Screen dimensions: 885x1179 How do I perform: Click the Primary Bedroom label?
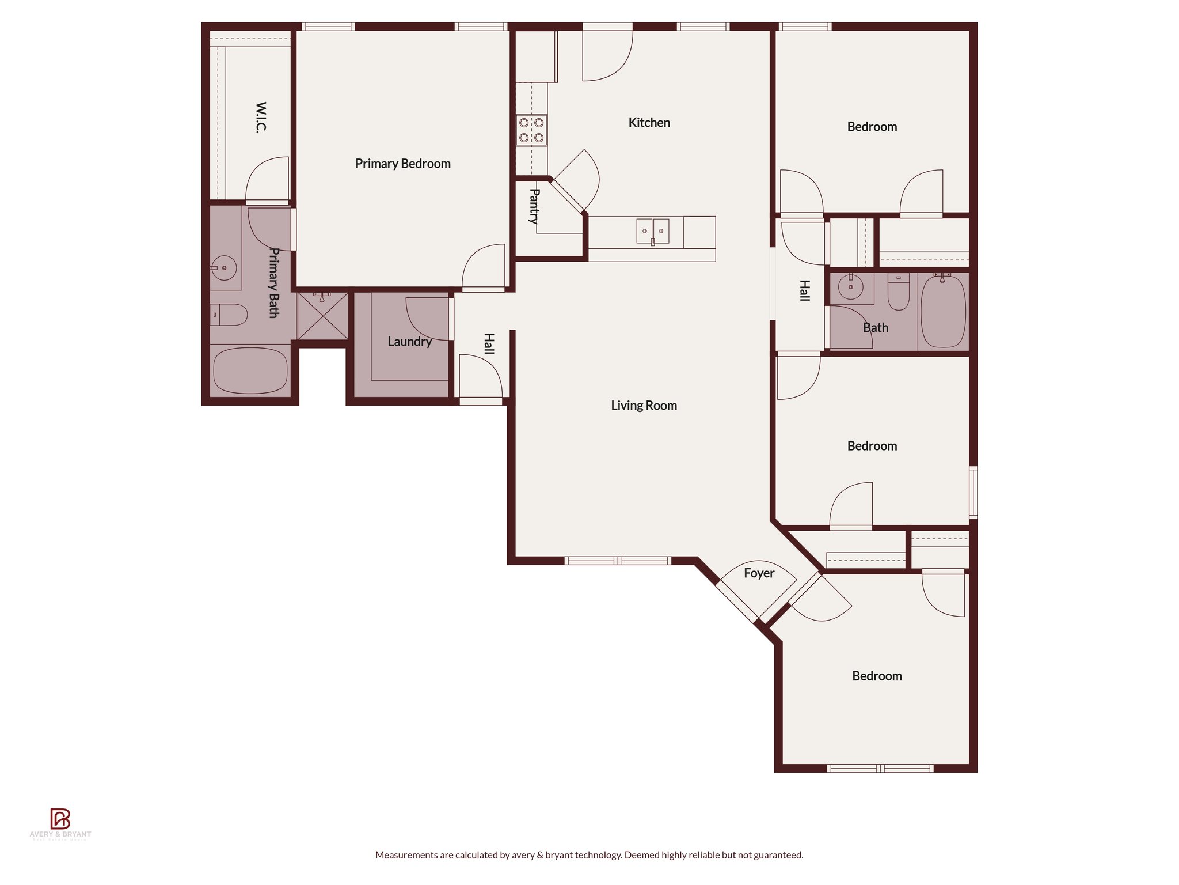[x=402, y=164]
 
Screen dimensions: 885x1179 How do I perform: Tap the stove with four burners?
[x=531, y=130]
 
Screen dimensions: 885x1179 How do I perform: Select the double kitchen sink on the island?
[x=652, y=231]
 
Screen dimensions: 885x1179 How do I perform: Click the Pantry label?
[x=534, y=206]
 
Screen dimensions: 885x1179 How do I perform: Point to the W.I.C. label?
[x=261, y=118]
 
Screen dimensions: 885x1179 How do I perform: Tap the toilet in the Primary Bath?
[x=229, y=315]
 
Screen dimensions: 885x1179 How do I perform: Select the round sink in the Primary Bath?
[x=223, y=268]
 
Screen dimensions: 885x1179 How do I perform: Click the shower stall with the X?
[x=322, y=316]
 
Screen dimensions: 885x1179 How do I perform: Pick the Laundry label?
[x=409, y=342]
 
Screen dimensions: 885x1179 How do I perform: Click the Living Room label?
[x=644, y=406]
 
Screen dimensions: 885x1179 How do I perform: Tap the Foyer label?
[x=759, y=573]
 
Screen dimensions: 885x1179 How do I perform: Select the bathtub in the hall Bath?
[x=943, y=312]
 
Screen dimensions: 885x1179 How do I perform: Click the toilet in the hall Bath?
[x=898, y=292]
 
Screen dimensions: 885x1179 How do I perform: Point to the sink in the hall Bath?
[x=850, y=287]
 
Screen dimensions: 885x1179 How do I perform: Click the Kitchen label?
[x=649, y=123]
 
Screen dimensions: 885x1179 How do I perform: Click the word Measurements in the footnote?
[x=406, y=855]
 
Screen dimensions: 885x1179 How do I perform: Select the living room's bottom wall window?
[x=617, y=561]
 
